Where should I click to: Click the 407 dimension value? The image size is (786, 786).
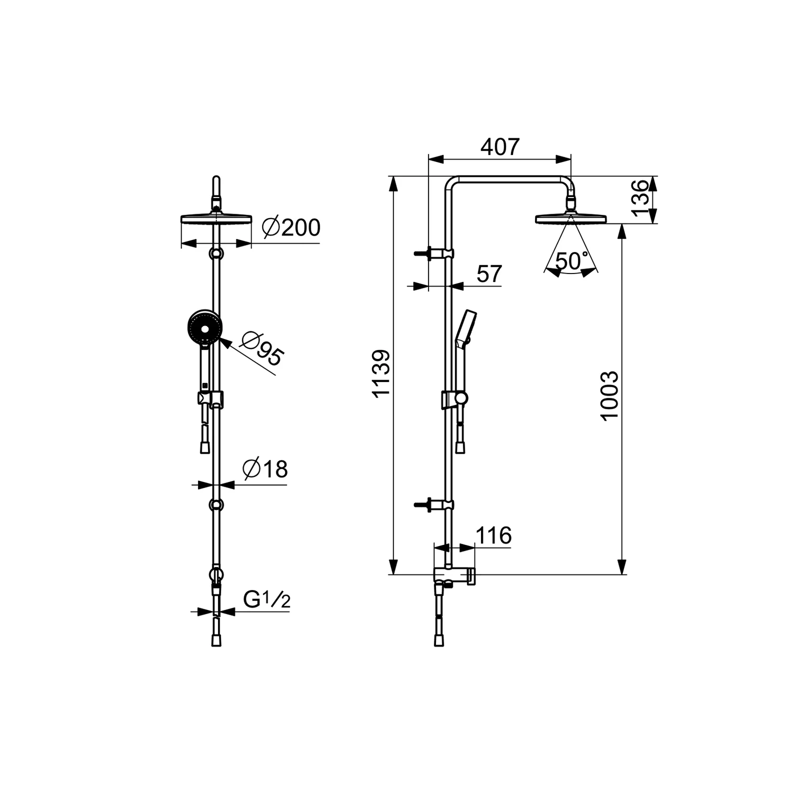tap(500, 147)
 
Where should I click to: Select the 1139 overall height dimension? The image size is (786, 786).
tap(381, 374)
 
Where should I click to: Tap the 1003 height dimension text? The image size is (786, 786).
tap(609, 396)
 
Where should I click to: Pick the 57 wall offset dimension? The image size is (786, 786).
tap(489, 274)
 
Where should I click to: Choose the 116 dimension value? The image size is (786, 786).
tap(493, 536)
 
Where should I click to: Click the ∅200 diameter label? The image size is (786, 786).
tap(291, 228)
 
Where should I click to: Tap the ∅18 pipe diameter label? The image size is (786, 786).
tap(265, 469)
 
